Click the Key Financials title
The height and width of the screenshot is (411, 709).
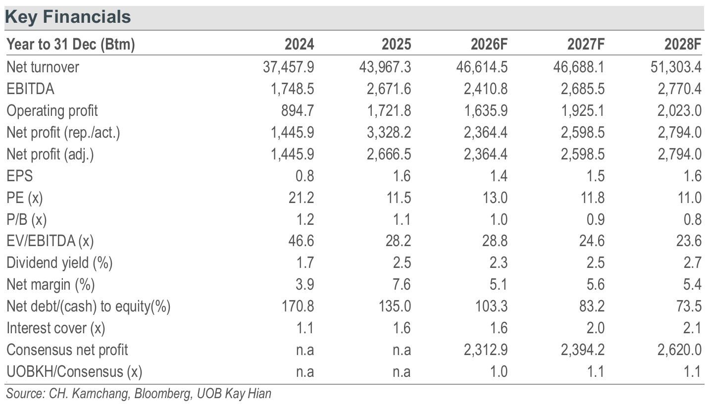(x=68, y=17)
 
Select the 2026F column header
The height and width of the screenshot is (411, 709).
(x=489, y=45)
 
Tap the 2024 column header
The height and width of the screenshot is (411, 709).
(x=299, y=45)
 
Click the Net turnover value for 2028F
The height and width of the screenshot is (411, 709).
(x=676, y=67)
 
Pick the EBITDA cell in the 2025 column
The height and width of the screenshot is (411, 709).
(x=389, y=89)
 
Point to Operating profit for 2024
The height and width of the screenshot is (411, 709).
(x=297, y=111)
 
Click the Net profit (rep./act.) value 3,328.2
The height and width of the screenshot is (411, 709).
(x=389, y=132)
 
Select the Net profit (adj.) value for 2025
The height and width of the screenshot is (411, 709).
(x=389, y=154)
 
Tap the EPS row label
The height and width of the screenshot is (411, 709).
(x=20, y=176)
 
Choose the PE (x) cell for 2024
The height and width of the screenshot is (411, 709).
(x=301, y=198)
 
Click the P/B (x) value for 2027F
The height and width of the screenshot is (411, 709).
(x=595, y=219)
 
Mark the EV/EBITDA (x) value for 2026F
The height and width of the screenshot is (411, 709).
(x=495, y=241)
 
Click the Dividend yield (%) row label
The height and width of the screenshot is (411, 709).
(x=59, y=263)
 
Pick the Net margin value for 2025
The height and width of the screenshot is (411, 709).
(x=402, y=284)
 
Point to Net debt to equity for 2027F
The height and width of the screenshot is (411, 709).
(x=592, y=306)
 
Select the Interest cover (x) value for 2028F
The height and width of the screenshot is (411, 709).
(x=692, y=328)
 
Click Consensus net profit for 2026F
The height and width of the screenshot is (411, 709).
(x=486, y=350)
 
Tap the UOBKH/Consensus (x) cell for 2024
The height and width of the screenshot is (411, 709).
(x=305, y=372)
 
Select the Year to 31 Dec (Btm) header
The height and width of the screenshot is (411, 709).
(x=71, y=45)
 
